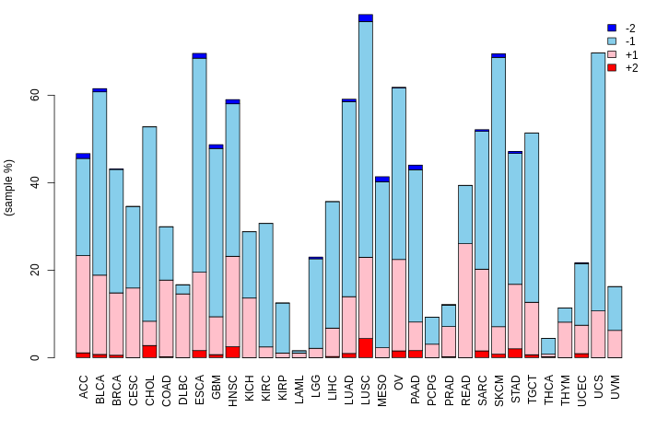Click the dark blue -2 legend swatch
coord(611,29)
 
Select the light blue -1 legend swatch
coord(611,41)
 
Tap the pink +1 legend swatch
coord(611,55)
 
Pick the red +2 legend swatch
coord(611,68)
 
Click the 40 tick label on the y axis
coord(34,182)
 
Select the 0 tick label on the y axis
coord(34,357)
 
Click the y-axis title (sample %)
coord(10,188)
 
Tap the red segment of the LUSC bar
coord(366,348)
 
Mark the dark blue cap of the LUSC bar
coord(366,18)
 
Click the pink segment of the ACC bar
coord(83,304)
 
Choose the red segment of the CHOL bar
coord(149,352)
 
